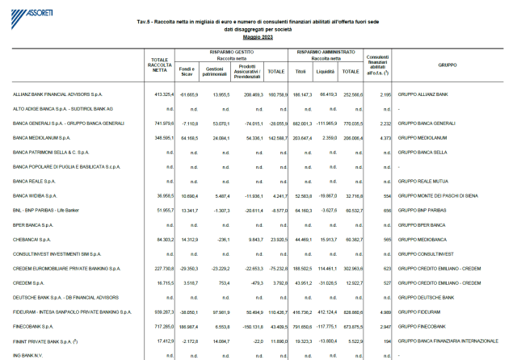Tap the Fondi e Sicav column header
(x=187, y=71)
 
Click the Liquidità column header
(x=326, y=71)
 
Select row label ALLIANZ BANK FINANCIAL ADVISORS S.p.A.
(x=63, y=94)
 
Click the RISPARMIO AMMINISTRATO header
(x=327, y=51)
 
